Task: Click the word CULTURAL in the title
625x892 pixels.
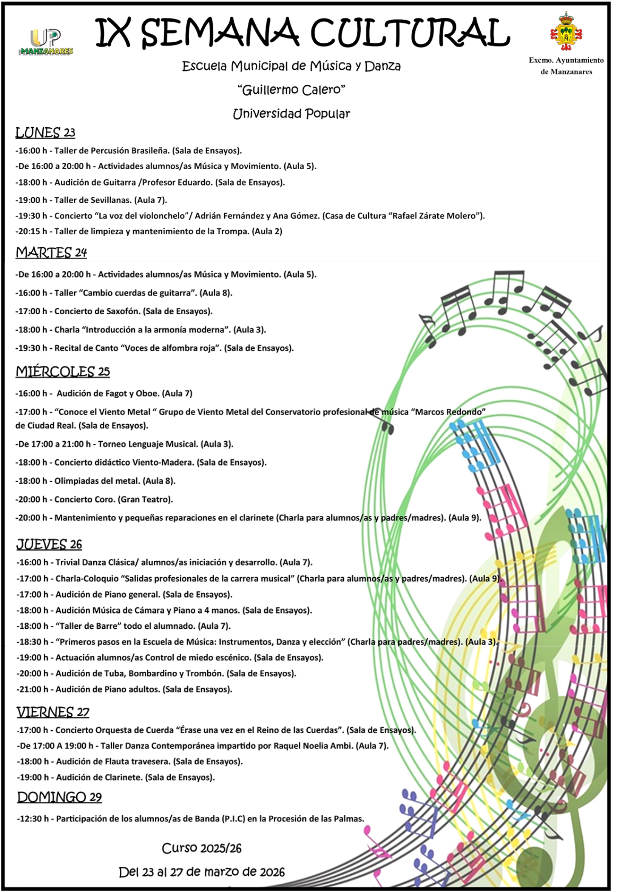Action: pos(410,33)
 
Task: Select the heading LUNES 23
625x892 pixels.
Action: pos(45,133)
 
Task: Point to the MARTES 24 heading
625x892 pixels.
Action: pos(51,253)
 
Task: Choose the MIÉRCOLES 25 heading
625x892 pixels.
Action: pos(63,372)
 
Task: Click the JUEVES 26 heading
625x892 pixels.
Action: pos(49,545)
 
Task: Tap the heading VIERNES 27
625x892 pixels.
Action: pos(53,713)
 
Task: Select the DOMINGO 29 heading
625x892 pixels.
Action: pos(59,798)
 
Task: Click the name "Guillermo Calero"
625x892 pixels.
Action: pos(291,90)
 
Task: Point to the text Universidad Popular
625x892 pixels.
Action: pos(291,114)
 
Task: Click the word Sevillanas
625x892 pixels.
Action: pos(111,201)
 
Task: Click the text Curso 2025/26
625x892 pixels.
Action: pos(202,849)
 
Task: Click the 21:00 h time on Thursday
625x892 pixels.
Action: pos(33,689)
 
